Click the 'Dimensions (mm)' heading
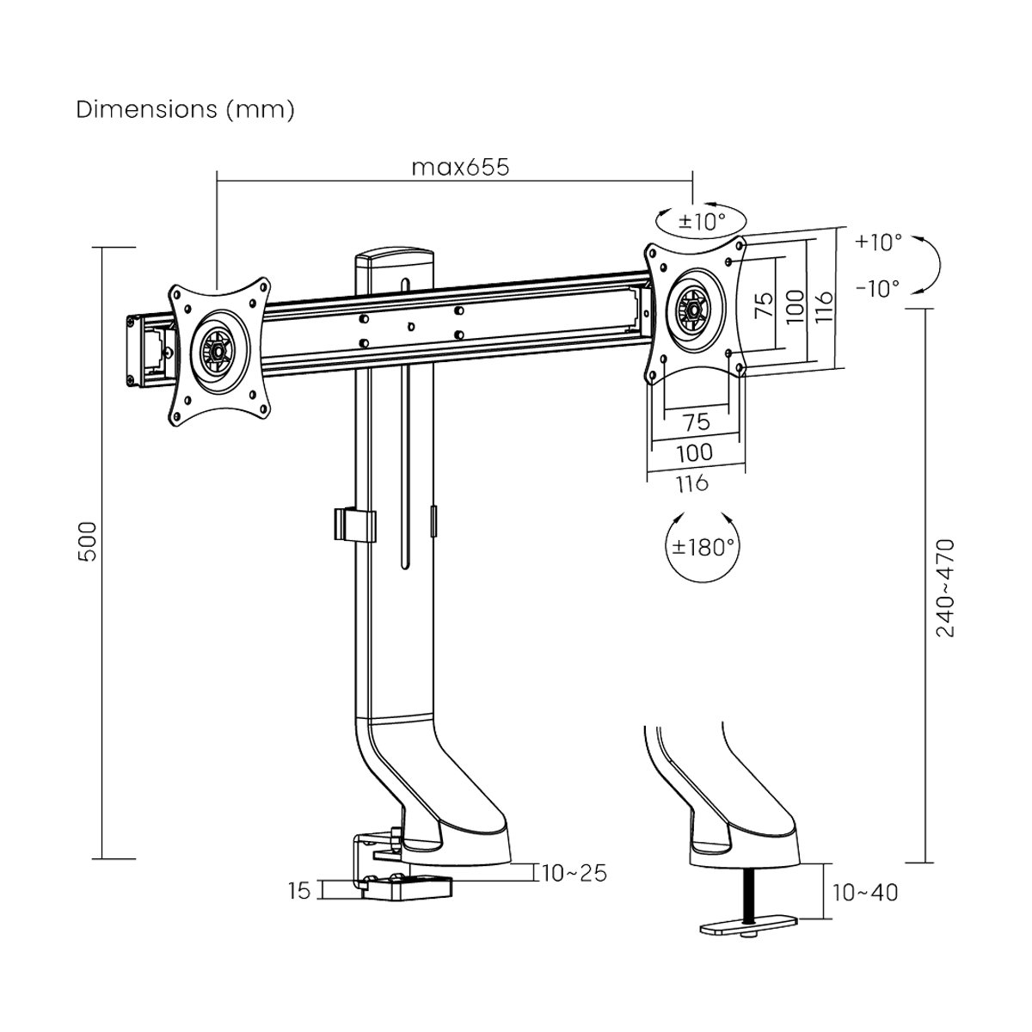(x=186, y=110)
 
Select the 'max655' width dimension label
(x=459, y=167)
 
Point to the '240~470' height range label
(x=945, y=587)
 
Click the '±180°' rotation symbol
(x=703, y=547)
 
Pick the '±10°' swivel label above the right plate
(x=702, y=221)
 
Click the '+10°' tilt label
(x=879, y=242)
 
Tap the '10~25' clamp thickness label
(x=574, y=873)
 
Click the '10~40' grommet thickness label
(x=865, y=893)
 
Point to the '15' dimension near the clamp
(x=298, y=891)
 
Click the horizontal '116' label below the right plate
(x=693, y=482)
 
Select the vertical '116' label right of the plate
(x=823, y=304)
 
